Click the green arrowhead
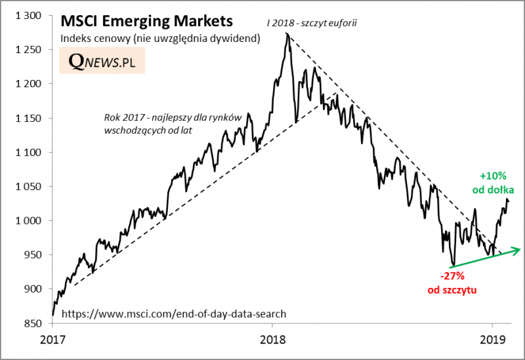(x=518, y=249)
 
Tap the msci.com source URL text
(x=173, y=314)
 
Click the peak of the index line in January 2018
(x=287, y=33)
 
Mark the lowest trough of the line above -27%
(x=452, y=265)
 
